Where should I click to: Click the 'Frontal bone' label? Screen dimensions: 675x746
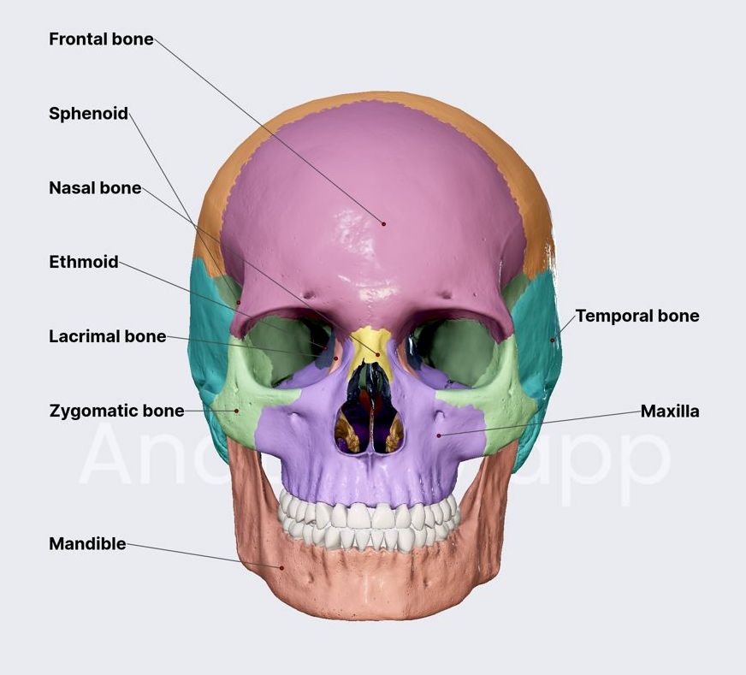[x=101, y=39]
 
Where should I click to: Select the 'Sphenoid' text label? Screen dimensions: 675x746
[x=88, y=114]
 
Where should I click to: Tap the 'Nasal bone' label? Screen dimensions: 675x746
[x=95, y=188]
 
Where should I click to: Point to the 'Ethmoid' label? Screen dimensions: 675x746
[x=84, y=263]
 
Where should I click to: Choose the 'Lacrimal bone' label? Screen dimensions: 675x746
[x=107, y=337]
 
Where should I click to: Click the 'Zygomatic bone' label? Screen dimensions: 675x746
[x=116, y=412]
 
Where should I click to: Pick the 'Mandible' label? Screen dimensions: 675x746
[x=87, y=544]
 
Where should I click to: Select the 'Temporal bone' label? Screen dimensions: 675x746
[x=636, y=317]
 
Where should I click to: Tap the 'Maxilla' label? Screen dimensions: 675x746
[x=670, y=412]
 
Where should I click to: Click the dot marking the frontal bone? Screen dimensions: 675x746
[x=384, y=224]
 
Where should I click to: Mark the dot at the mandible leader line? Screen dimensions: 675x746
[x=281, y=566]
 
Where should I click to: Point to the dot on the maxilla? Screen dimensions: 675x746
[x=439, y=435]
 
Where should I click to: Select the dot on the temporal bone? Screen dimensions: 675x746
[x=553, y=340]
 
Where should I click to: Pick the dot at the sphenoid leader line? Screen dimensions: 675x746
[x=240, y=301]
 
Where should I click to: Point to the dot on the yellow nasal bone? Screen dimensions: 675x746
[x=378, y=354]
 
